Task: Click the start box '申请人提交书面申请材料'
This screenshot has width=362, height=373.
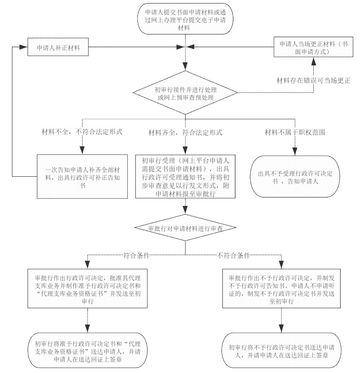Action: (185, 17)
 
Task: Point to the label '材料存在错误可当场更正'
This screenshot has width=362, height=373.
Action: (313, 80)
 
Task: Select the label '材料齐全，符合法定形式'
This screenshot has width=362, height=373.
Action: (185, 132)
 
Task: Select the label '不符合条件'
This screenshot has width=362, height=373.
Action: (233, 255)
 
